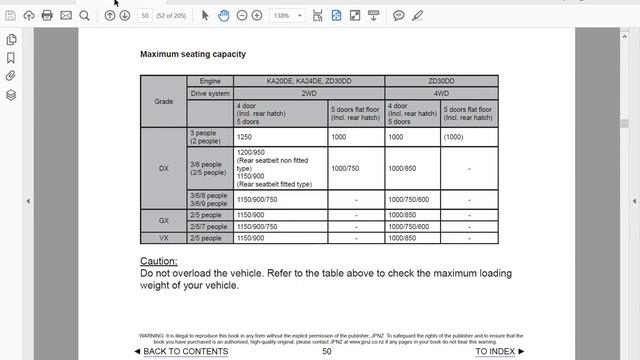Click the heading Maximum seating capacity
pos(192,54)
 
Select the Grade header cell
pos(163,101)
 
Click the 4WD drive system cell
pos(441,92)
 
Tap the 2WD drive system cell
pos(308,92)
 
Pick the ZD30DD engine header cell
pos(441,80)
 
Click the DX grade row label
pos(163,168)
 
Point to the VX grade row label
pos(163,238)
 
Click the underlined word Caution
pos(158,261)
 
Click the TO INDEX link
pos(495,351)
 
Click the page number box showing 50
pos(146,16)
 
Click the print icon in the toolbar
pos(47,16)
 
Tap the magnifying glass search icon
pos(84,16)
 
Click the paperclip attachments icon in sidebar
pos(11,75)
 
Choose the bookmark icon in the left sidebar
pos(11,57)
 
